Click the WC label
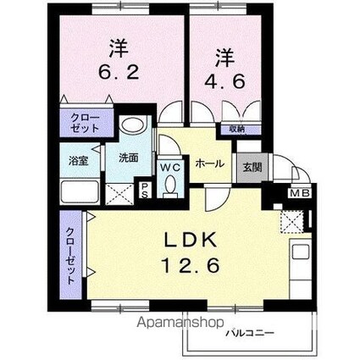click(x=170, y=165)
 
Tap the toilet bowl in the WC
click(x=170, y=184)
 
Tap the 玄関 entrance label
click(x=252, y=167)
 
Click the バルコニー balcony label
click(x=249, y=333)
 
